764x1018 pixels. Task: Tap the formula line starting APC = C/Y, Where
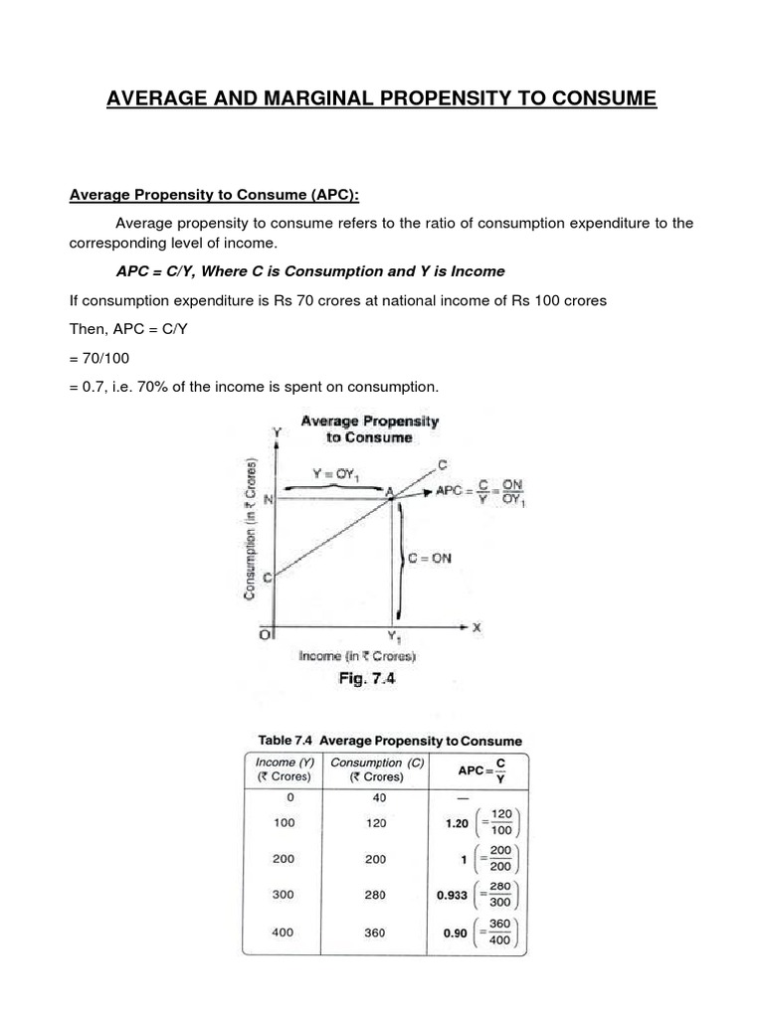pyautogui.click(x=310, y=271)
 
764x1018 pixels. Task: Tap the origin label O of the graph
pyautogui.click(x=265, y=633)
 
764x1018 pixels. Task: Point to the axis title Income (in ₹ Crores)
pyautogui.click(x=357, y=656)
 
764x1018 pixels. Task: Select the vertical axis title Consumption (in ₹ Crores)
pyautogui.click(x=252, y=527)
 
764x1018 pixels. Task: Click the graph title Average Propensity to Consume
pyautogui.click(x=369, y=428)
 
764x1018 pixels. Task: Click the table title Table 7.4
pyautogui.click(x=288, y=741)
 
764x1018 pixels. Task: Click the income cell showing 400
pyautogui.click(x=284, y=934)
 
